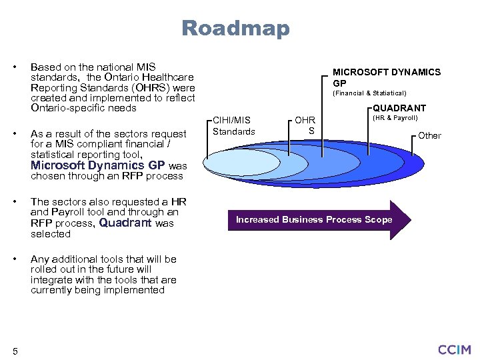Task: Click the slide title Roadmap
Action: click(x=235, y=29)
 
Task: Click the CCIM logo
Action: click(x=454, y=349)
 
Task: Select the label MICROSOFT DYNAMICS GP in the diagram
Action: click(x=386, y=77)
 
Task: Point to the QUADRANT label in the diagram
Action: click(x=399, y=108)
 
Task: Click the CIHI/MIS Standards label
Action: click(x=233, y=125)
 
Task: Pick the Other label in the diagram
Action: click(x=429, y=135)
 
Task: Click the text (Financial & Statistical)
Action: click(x=369, y=93)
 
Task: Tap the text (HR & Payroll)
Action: click(x=395, y=118)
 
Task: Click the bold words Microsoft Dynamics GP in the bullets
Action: click(x=97, y=165)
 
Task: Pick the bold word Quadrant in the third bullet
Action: click(x=125, y=223)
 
